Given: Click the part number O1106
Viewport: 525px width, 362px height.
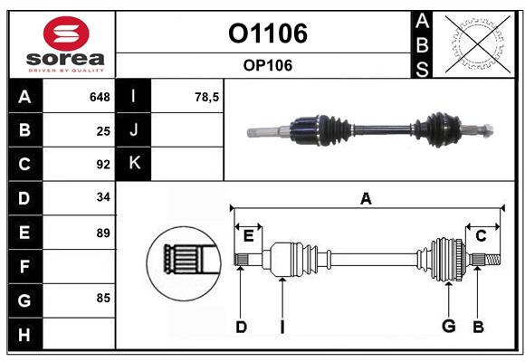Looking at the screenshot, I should point(267,33).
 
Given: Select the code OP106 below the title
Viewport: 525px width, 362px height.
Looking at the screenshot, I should point(267,65).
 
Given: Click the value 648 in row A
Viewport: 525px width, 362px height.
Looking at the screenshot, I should point(100,97).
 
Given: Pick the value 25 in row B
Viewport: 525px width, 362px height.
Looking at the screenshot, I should point(103,130).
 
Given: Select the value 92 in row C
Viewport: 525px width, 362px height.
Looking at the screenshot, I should point(103,165).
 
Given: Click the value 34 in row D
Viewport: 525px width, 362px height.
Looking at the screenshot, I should point(103,197).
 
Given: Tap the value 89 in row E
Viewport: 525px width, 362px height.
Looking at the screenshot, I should point(103,233).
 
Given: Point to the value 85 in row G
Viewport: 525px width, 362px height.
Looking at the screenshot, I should point(103,296).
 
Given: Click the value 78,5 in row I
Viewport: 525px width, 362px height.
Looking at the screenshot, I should point(207,97).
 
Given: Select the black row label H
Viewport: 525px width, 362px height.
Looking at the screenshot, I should point(24,335).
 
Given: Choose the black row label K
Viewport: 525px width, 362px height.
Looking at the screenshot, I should point(135,164).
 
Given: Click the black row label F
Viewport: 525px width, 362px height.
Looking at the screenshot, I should point(24,267).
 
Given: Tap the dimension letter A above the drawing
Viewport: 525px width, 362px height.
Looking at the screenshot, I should point(366,198).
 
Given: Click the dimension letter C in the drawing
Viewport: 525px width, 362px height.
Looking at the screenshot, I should point(481,236).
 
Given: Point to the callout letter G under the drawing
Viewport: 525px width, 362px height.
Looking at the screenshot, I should point(447,326).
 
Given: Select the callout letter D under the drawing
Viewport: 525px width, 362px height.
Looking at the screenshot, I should point(241,327).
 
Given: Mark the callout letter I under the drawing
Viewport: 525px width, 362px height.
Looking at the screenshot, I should point(282,327).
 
